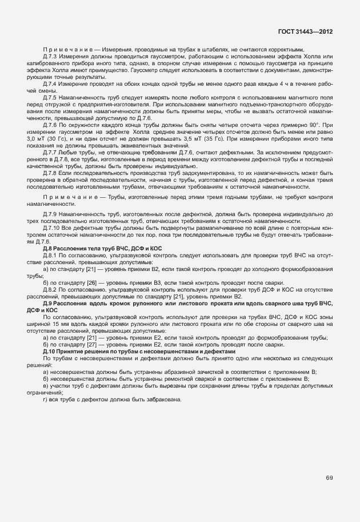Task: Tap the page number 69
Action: [329, 477]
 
